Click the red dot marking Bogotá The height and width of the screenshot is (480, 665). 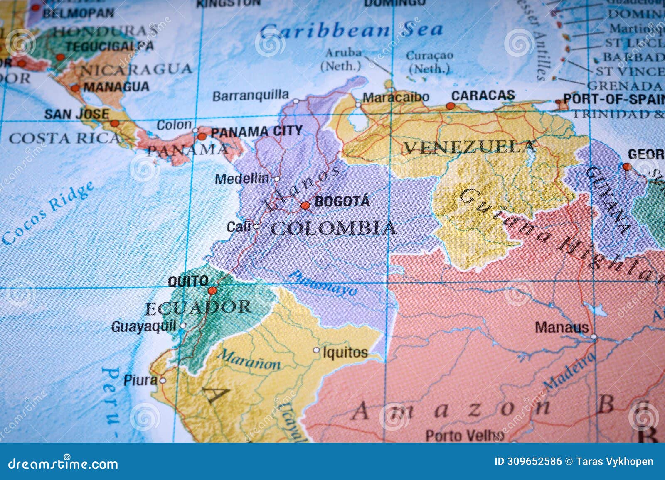305,205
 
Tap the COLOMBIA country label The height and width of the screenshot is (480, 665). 333,228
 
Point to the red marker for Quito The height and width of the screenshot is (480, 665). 212,290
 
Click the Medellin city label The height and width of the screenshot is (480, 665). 242,179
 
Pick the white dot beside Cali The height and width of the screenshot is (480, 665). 256,227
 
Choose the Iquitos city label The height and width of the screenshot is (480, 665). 345,353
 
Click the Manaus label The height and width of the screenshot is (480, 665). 562,327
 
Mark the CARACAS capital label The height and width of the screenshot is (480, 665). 483,96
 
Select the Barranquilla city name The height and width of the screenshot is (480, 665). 251,96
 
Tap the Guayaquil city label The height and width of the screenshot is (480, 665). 144,327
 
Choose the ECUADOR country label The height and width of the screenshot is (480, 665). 198,308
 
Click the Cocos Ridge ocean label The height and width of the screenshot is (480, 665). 48,213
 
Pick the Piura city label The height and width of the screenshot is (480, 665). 140,380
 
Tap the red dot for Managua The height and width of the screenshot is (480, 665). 75,88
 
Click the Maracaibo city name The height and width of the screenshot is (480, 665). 395,98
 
